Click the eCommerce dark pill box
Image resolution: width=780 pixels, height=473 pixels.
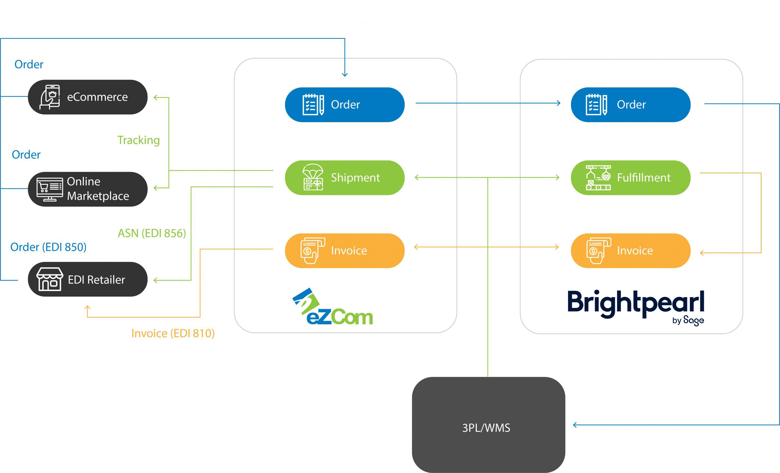[88, 97]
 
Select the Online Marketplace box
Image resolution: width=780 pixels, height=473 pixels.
[88, 189]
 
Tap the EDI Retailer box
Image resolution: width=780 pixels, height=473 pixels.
[88, 279]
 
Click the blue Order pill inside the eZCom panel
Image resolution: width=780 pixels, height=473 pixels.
[344, 104]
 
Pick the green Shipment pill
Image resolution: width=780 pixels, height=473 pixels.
[344, 178]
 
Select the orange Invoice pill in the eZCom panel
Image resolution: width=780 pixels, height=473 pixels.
[344, 251]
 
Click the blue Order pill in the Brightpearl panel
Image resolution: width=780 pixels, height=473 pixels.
[630, 104]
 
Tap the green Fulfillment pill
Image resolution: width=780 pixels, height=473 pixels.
[630, 178]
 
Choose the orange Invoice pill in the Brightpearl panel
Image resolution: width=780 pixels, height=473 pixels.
[630, 251]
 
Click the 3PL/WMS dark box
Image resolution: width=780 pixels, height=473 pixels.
[488, 425]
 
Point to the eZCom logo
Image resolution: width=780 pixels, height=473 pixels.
[332, 307]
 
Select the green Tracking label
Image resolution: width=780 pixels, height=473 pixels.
[138, 140]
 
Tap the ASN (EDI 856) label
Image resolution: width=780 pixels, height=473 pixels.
[152, 233]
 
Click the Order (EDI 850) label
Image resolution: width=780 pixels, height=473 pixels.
[48, 247]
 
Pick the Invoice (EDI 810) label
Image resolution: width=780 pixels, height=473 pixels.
[173, 333]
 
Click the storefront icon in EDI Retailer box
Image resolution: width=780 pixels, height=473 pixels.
[49, 279]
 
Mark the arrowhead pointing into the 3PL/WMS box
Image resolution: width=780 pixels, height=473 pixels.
[575, 425]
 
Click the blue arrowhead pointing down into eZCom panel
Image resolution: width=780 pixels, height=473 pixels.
[345, 75]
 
